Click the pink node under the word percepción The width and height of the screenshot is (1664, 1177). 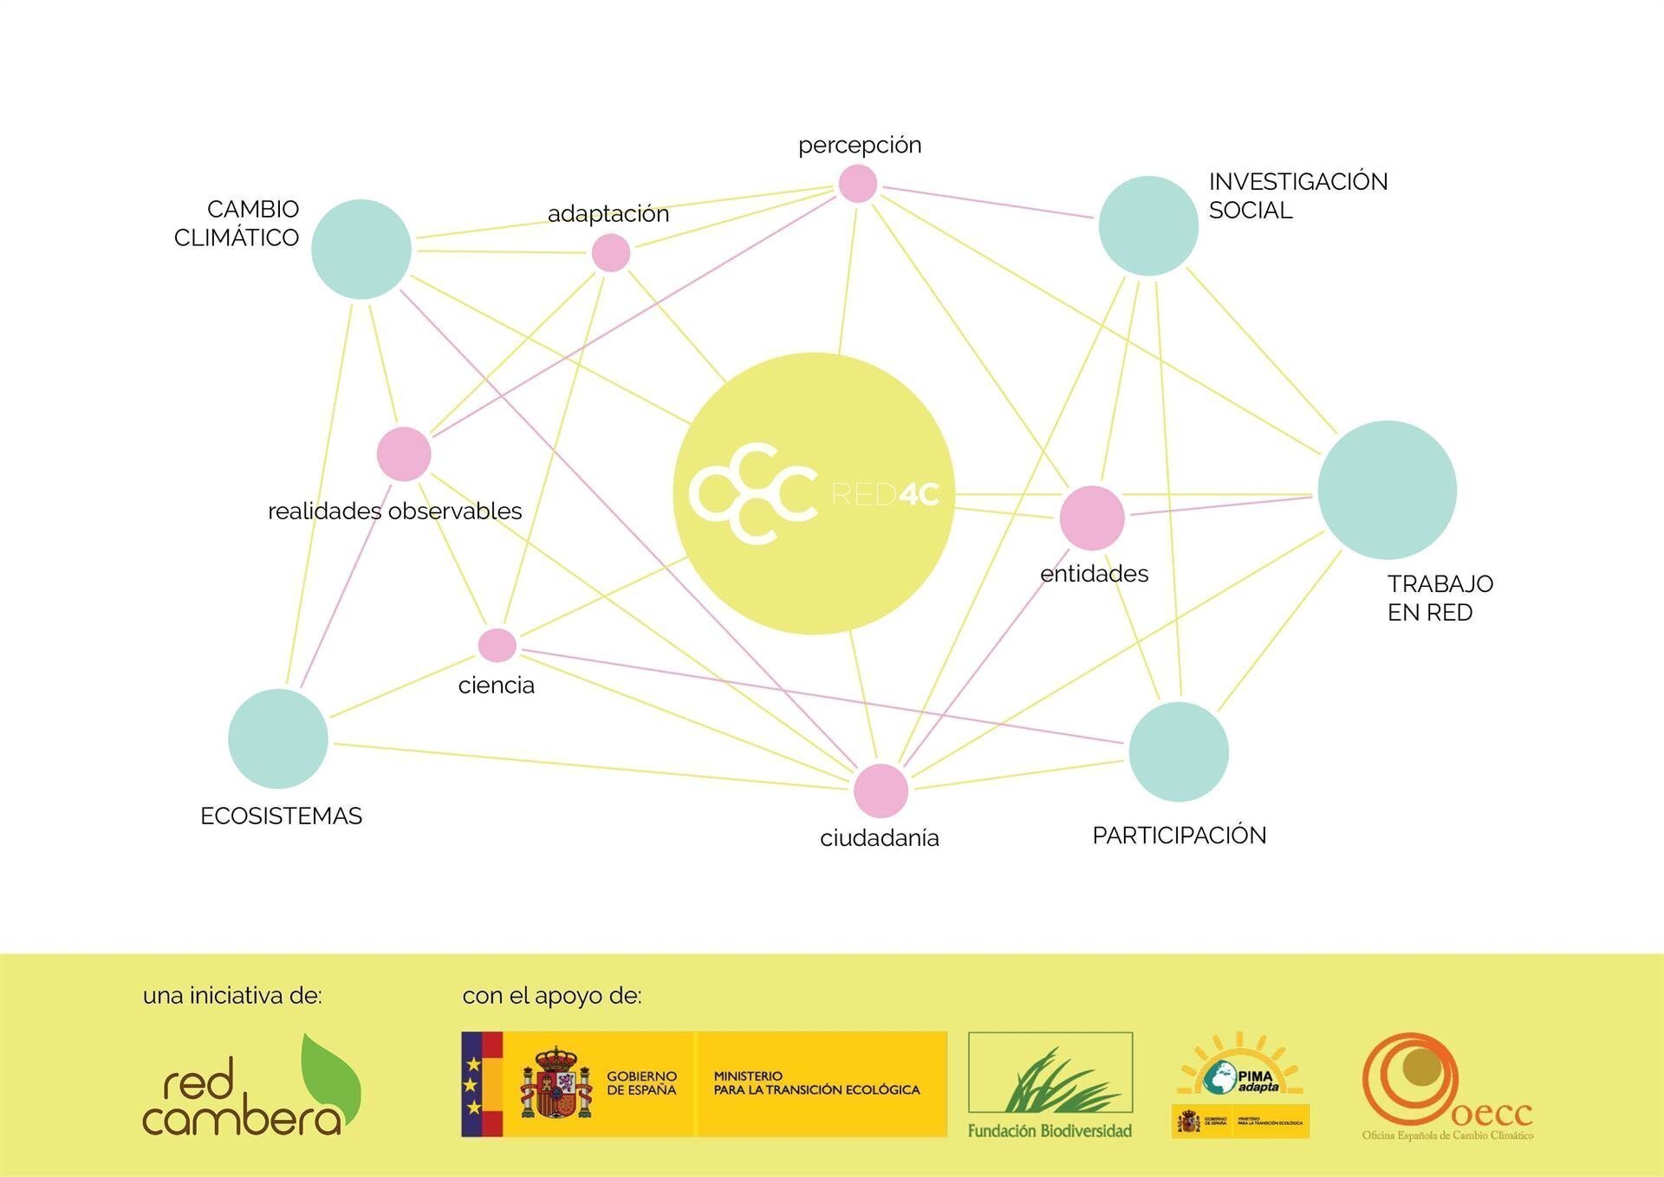[858, 184]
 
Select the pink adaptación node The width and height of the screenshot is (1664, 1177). [611, 253]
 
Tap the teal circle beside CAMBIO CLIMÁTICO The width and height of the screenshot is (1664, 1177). [361, 250]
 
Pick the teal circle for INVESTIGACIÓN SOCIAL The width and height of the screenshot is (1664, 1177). [1148, 226]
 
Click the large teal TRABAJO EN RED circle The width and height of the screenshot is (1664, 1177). [1387, 490]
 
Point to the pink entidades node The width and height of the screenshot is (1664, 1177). [1092, 517]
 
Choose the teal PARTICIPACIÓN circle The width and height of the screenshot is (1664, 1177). [1179, 751]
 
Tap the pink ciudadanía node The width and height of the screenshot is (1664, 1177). [881, 790]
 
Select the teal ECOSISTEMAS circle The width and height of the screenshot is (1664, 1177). [278, 738]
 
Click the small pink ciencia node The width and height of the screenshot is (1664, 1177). [497, 645]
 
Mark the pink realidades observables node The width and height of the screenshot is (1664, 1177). [404, 454]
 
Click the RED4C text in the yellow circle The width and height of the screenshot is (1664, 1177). [885, 494]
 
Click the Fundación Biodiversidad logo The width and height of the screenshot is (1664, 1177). [1050, 1084]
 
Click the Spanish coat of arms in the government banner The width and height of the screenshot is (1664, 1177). [556, 1083]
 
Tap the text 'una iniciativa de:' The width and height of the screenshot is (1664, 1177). [232, 996]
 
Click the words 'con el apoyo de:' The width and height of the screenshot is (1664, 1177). [552, 996]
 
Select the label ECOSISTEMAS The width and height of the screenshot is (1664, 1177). [281, 816]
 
